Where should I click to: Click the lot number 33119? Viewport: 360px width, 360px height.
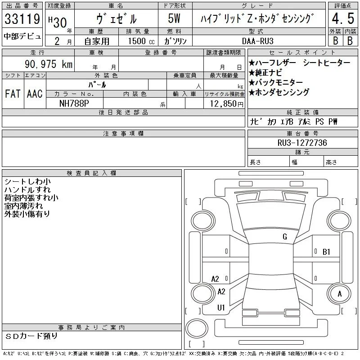(x=22, y=18)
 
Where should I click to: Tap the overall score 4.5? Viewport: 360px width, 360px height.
(x=343, y=18)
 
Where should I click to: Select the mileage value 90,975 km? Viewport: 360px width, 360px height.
(x=49, y=64)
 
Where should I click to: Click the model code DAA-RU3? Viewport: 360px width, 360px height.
(x=258, y=41)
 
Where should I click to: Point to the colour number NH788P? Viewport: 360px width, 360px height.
(x=74, y=103)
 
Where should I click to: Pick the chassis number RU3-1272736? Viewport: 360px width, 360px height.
(x=302, y=143)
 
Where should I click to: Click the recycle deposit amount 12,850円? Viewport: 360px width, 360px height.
(x=226, y=104)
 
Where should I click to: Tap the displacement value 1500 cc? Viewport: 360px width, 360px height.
(x=141, y=41)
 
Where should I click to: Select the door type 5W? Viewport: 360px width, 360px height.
(x=174, y=18)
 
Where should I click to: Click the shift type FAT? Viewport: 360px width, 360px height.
(x=13, y=94)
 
